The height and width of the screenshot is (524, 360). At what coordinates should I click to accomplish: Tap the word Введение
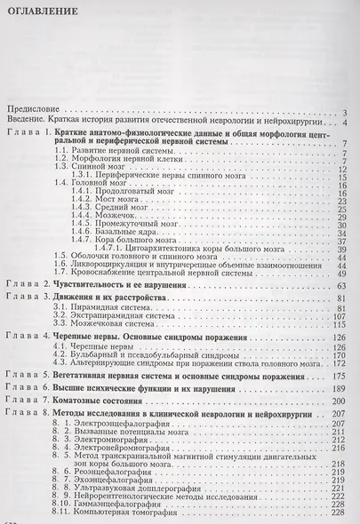32,122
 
